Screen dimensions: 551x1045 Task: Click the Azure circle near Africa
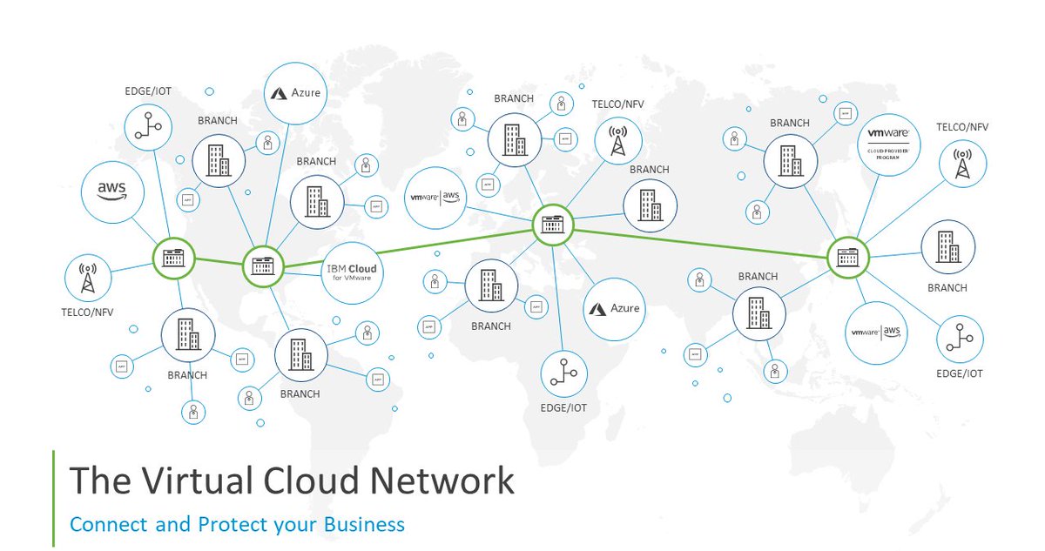tap(614, 308)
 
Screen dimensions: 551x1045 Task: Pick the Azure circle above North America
tap(294, 92)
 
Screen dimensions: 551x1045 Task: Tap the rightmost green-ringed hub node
tap(848, 257)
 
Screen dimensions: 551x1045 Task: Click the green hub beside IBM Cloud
tap(262, 266)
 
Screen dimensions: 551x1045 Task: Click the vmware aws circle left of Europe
tap(436, 197)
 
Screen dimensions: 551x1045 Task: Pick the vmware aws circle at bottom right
tap(876, 333)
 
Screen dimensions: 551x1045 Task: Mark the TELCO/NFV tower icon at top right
tap(963, 164)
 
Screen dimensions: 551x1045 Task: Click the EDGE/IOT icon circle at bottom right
tap(960, 339)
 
